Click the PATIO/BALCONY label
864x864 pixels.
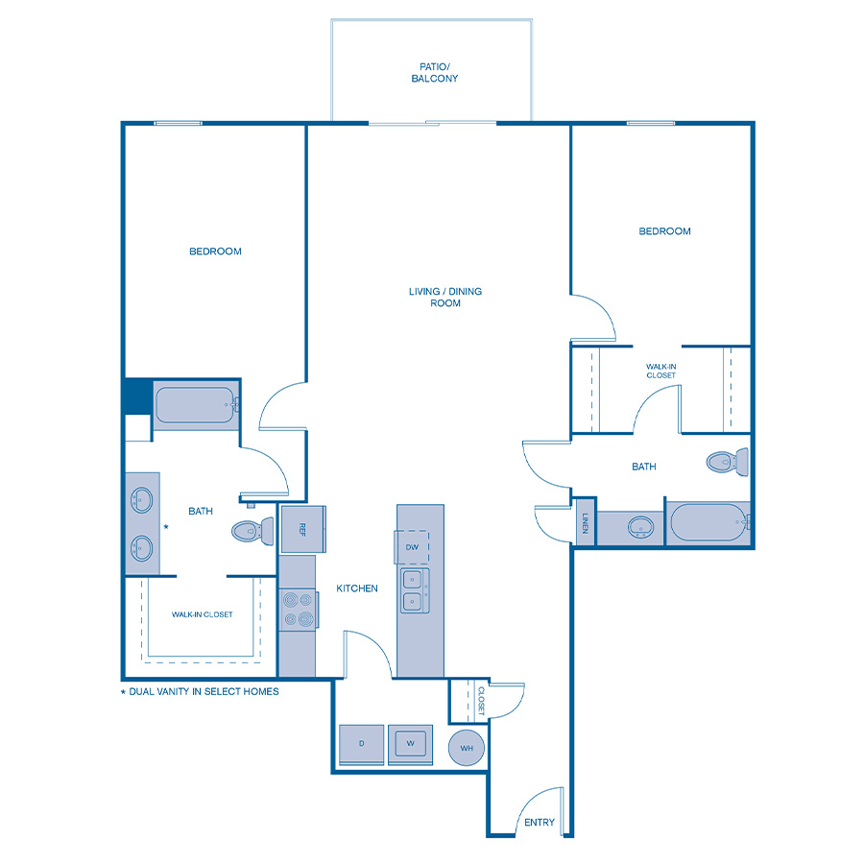click(435, 73)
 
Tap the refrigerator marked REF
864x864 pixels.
click(303, 529)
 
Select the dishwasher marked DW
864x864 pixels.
click(412, 546)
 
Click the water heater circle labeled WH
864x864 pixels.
click(467, 748)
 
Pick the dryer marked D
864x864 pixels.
click(362, 744)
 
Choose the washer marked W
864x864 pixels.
click(410, 744)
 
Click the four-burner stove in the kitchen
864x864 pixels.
click(299, 609)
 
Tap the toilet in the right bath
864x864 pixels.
click(728, 461)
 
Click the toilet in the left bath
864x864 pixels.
click(252, 531)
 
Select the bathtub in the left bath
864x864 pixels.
click(196, 405)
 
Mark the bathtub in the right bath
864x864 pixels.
click(708, 523)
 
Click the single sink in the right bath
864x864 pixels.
click(640, 527)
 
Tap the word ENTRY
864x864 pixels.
click(540, 822)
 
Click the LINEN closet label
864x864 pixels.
click(586, 523)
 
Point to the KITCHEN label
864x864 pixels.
click(357, 588)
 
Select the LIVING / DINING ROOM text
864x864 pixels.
click(445, 297)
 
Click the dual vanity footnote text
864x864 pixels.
click(200, 691)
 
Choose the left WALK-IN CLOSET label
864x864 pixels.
click(203, 614)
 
